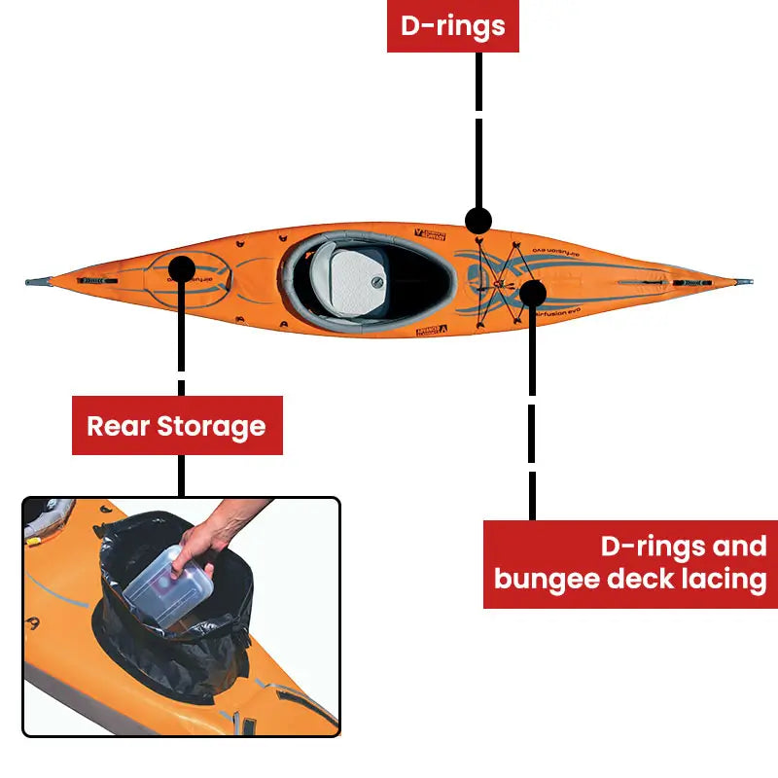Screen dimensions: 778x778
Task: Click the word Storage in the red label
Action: (211, 426)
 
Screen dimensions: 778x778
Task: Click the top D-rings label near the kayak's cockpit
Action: (453, 26)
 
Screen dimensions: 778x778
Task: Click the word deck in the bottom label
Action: (636, 579)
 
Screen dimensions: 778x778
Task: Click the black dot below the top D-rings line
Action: (477, 220)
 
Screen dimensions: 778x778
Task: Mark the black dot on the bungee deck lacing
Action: (532, 291)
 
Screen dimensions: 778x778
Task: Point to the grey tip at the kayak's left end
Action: (37, 282)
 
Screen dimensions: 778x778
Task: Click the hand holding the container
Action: (209, 540)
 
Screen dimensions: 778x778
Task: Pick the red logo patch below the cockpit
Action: (430, 332)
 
